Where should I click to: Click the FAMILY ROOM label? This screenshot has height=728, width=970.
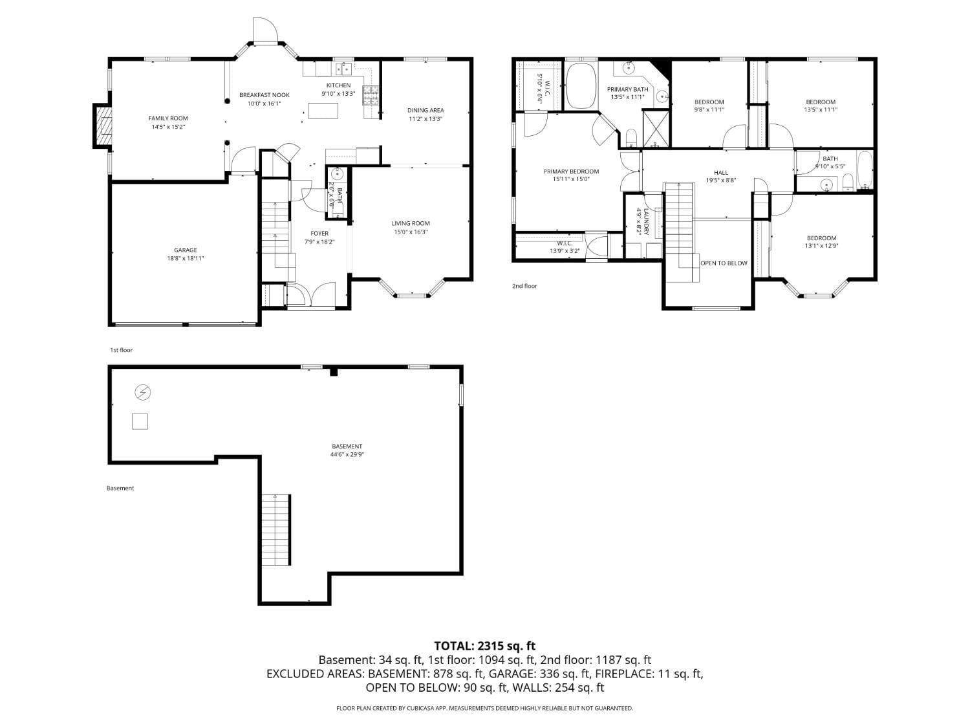[168, 118]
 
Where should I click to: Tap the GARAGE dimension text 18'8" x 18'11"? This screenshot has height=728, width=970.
[185, 258]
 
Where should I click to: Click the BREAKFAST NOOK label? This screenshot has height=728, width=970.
[264, 95]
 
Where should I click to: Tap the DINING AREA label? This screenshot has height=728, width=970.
[426, 110]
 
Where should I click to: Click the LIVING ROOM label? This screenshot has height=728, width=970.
[411, 224]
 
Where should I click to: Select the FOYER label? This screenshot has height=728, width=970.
[319, 234]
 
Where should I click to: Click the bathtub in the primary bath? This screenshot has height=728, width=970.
[581, 86]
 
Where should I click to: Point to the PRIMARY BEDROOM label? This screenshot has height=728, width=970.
[571, 171]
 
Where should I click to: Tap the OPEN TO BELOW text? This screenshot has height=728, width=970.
[724, 263]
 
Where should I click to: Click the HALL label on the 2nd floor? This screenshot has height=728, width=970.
[721, 173]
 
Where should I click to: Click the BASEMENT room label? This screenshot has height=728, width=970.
[347, 447]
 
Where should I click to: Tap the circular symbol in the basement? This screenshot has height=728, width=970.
[142, 392]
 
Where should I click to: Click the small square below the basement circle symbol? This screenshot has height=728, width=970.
[140, 421]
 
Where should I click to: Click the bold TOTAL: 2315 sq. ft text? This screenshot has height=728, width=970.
[484, 646]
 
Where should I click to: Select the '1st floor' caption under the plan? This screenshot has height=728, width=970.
[121, 350]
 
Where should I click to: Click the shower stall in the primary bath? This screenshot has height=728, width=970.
[656, 128]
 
